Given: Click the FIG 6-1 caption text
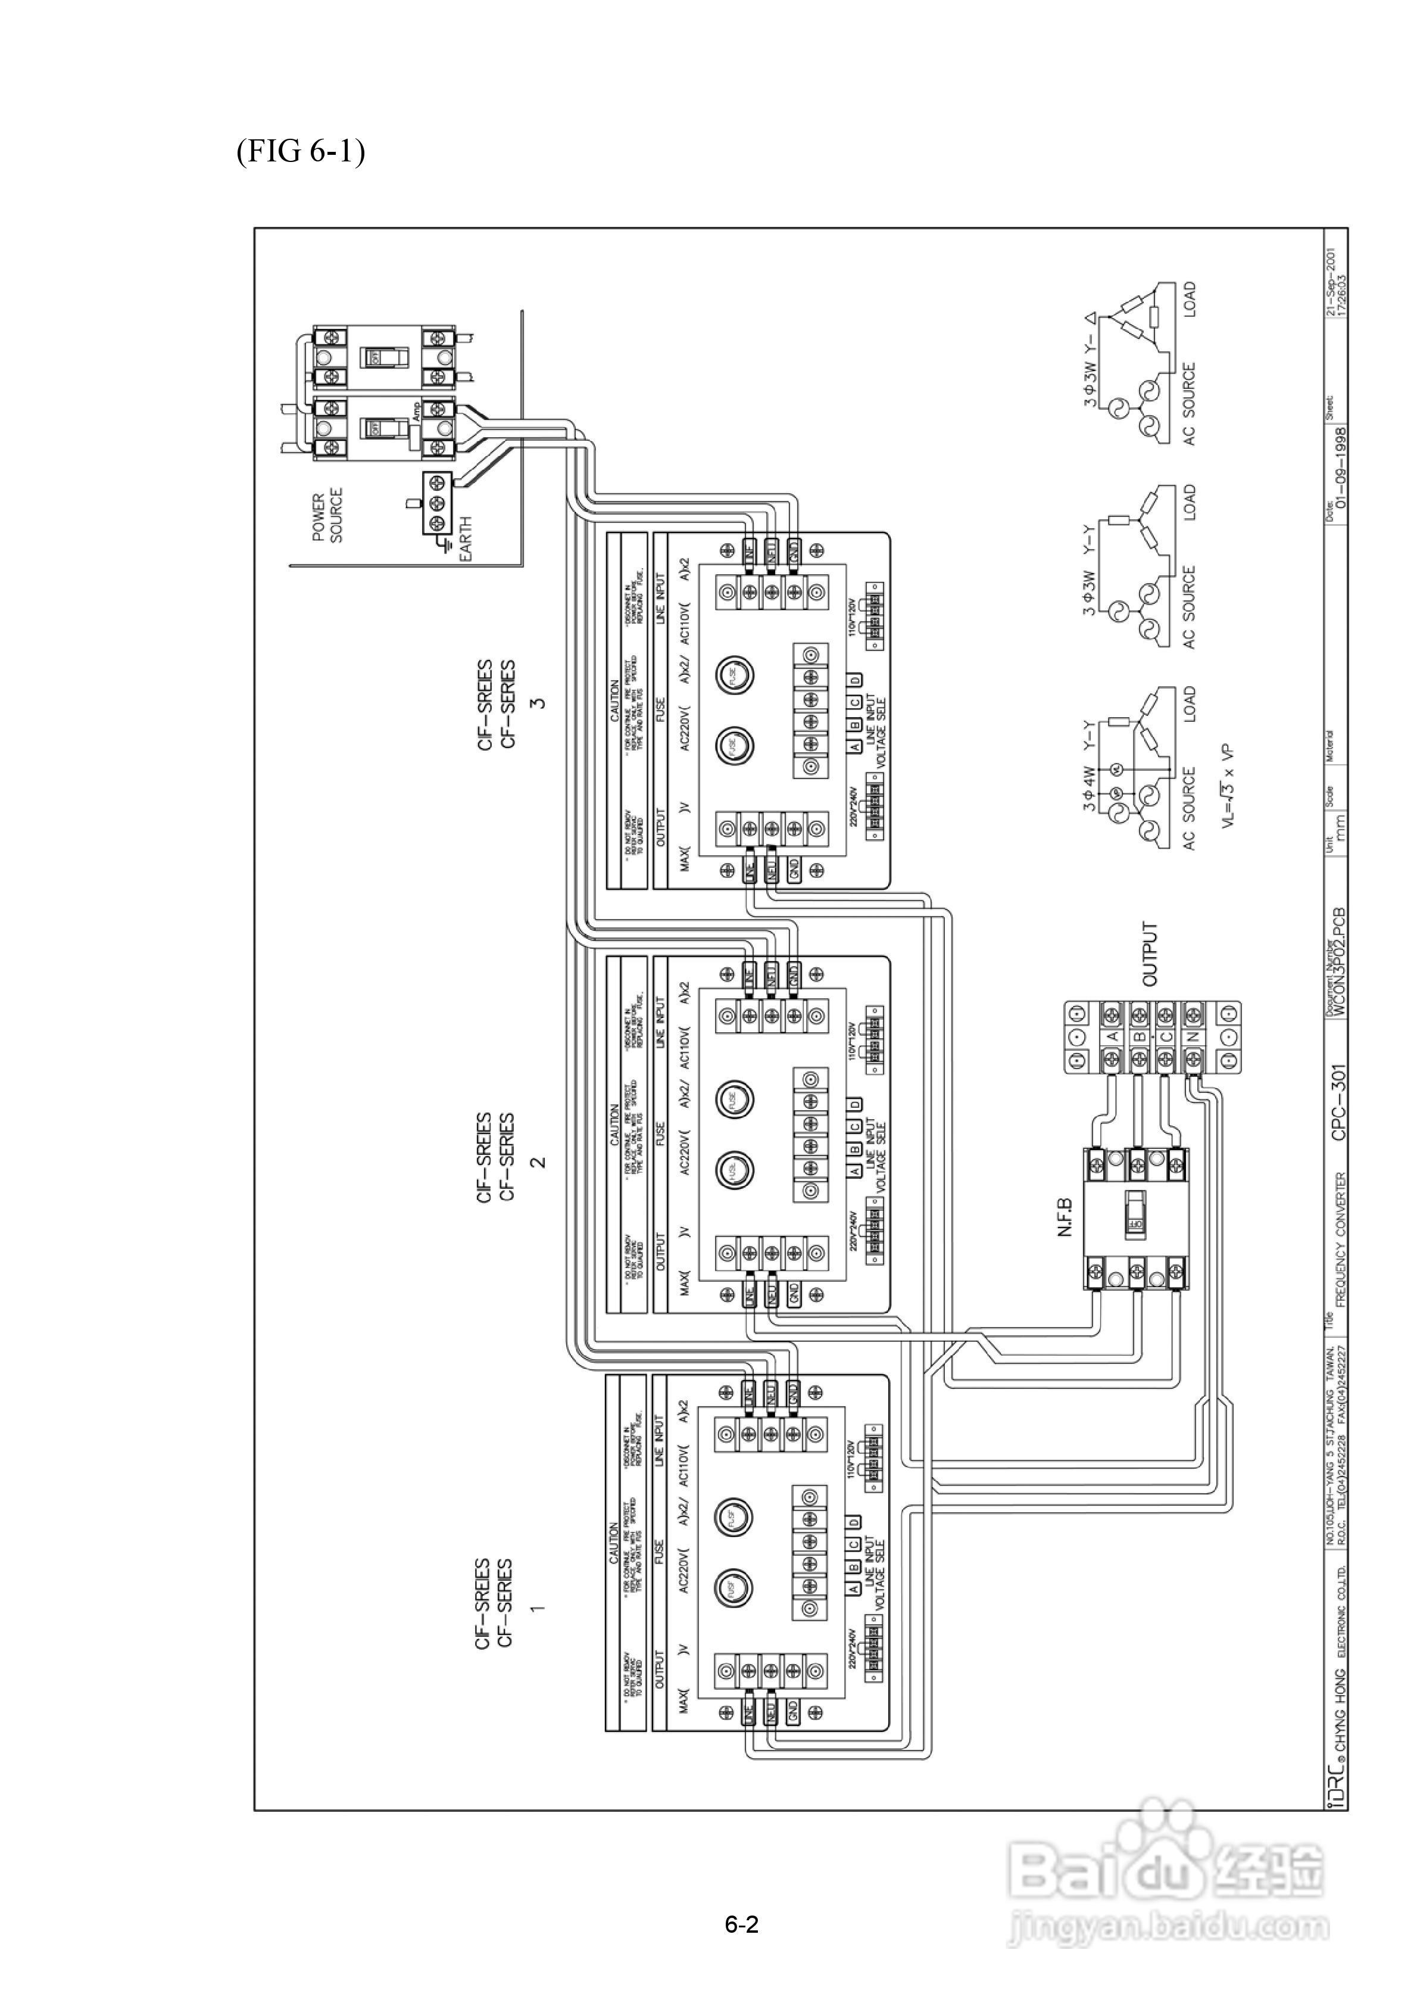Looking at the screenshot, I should (x=299, y=152).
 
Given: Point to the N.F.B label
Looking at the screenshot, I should (x=1066, y=1217).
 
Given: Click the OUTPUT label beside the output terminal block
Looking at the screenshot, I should (x=1150, y=953).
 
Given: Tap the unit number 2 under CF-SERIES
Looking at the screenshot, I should (x=538, y=1161).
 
